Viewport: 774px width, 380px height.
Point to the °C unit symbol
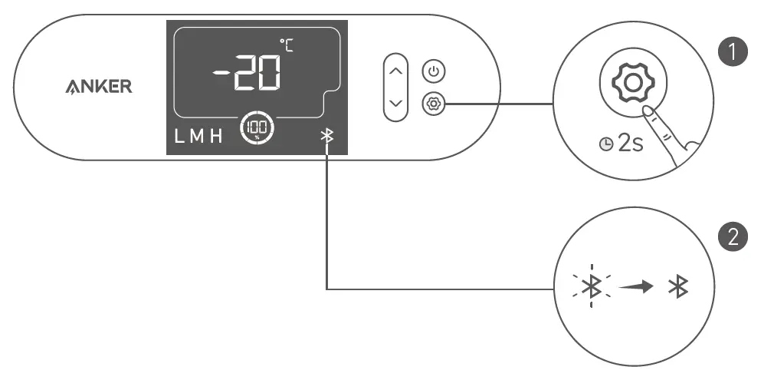pyautogui.click(x=287, y=45)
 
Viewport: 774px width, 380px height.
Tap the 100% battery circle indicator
pyautogui.click(x=254, y=127)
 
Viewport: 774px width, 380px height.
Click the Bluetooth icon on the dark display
pyautogui.click(x=327, y=137)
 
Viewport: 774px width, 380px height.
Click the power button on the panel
pyautogui.click(x=435, y=71)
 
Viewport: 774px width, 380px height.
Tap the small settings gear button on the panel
pyautogui.click(x=435, y=102)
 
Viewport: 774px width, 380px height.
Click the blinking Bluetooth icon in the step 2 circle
pyautogui.click(x=591, y=287)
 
